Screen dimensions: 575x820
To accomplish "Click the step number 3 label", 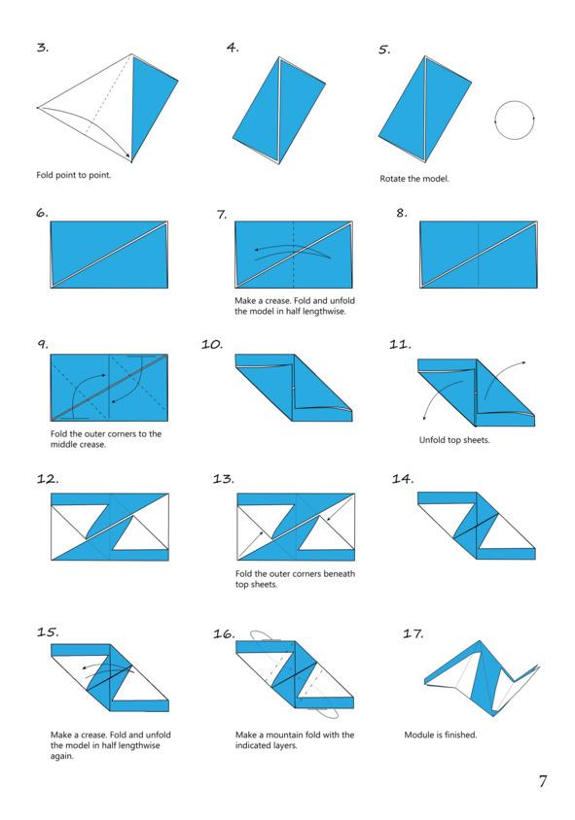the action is (x=43, y=48).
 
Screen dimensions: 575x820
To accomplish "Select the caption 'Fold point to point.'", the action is (x=74, y=175).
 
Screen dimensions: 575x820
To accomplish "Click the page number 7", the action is (x=543, y=781).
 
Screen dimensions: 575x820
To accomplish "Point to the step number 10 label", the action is (x=212, y=344).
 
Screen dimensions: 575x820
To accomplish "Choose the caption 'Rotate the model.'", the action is (x=414, y=179).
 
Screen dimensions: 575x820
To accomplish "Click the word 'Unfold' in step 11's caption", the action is (x=432, y=440).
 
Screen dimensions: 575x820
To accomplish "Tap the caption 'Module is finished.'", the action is (x=441, y=735).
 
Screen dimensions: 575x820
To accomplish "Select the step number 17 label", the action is (x=413, y=633).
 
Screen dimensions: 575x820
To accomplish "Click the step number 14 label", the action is (x=403, y=479).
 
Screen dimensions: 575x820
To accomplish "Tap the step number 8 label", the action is (x=402, y=213).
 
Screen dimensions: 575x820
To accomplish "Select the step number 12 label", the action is (x=48, y=479).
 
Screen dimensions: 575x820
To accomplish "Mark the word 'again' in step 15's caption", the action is (x=62, y=756).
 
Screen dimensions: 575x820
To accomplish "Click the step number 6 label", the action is (x=42, y=213).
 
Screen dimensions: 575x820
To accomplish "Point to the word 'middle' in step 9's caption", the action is (x=63, y=445).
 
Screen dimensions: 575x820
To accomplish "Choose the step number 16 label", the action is (x=224, y=633).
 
